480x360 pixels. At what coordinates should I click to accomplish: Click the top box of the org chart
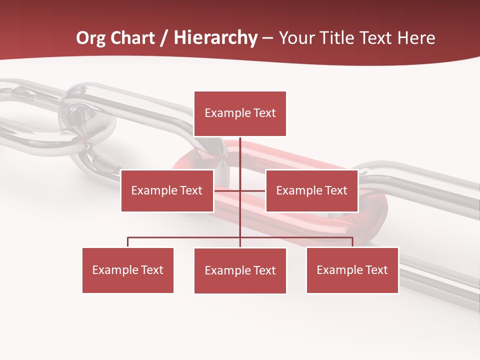tap(240, 113)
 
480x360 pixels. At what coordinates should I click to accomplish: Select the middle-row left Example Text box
tap(167, 190)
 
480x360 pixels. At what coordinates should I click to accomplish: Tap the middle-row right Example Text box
tap(311, 190)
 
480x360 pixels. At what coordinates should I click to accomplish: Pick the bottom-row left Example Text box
tap(128, 270)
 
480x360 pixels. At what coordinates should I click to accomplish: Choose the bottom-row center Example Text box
tap(240, 270)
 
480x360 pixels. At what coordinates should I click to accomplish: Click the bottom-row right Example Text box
tap(352, 270)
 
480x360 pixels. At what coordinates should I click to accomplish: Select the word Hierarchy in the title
tap(215, 38)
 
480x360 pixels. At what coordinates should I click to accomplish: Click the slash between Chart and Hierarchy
tap(164, 38)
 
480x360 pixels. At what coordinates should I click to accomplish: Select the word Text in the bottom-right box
tap(376, 270)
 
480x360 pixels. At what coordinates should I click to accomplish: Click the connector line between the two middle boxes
tap(240, 190)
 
